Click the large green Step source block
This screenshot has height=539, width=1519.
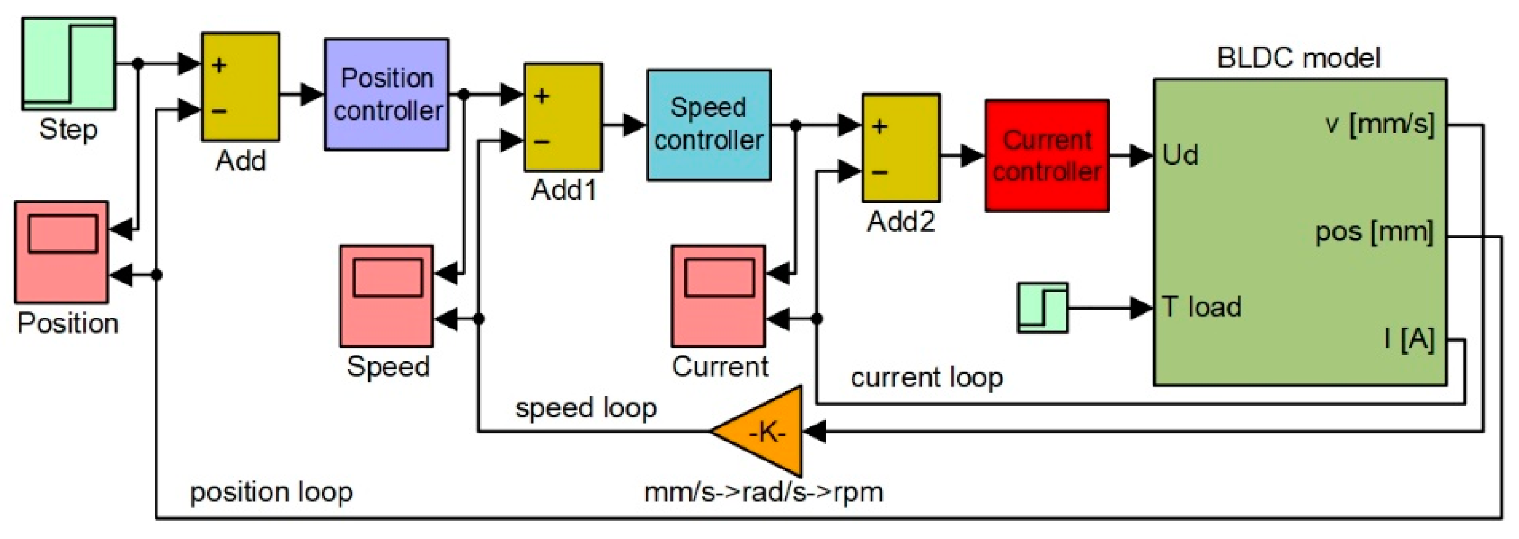pos(68,63)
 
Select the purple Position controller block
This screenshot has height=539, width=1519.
pos(387,94)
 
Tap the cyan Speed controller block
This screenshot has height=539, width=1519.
pos(709,125)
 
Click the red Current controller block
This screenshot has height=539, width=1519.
pos(1047,156)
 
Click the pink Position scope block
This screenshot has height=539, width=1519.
pos(61,252)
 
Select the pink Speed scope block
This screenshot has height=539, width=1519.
pos(386,296)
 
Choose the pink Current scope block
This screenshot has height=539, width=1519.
pos(718,296)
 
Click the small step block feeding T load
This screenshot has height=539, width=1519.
pos(1043,308)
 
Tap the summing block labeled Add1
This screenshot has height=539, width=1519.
pos(563,117)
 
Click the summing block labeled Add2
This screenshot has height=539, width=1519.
pos(901,148)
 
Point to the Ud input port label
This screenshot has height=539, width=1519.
pos(1180,156)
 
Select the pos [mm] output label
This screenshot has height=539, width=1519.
pos(1374,232)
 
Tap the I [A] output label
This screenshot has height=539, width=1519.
pos(1409,339)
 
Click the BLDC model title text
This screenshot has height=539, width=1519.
pos(1298,58)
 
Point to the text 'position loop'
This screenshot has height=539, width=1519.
pos(271,491)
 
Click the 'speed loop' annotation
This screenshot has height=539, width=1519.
pos(586,407)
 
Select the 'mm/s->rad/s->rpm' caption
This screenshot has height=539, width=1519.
pos(764,491)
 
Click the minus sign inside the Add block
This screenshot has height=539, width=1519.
pos(219,111)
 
